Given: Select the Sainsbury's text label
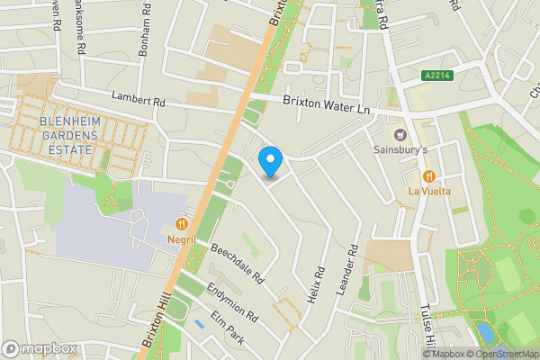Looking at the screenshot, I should [x=400, y=149].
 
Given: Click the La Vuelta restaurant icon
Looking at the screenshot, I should [x=429, y=176].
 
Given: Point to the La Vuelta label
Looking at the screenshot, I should [x=429, y=191].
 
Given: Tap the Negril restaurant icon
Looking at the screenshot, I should [x=182, y=223].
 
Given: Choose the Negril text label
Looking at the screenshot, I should [x=181, y=238].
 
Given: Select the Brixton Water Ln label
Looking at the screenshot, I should [x=327, y=108].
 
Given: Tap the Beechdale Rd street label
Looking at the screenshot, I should [x=236, y=261].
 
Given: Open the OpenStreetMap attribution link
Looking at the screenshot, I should [x=503, y=354].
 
